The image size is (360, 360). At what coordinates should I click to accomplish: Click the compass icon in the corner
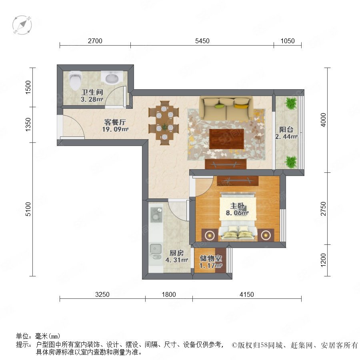[22, 25]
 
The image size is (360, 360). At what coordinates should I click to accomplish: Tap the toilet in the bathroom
[75, 80]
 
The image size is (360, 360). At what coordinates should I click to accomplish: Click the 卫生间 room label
[92, 92]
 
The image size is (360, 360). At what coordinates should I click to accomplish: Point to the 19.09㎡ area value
[115, 129]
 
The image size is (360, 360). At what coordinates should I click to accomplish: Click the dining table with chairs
[164, 123]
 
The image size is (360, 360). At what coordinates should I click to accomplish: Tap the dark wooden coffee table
[226, 139]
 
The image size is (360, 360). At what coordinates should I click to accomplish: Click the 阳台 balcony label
[286, 130]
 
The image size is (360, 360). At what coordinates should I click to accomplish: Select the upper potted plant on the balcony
[291, 103]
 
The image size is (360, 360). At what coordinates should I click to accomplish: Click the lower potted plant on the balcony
[291, 162]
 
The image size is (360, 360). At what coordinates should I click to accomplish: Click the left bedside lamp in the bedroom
[210, 235]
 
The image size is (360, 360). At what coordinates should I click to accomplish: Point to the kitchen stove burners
[156, 214]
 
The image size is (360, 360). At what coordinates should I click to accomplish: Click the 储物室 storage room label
[210, 258]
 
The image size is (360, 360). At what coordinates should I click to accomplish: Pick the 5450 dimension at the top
[202, 41]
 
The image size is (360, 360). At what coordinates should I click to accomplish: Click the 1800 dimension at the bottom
[169, 294]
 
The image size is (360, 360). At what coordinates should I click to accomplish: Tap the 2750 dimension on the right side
[323, 208]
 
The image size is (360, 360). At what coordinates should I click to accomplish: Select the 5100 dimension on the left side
[28, 209]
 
